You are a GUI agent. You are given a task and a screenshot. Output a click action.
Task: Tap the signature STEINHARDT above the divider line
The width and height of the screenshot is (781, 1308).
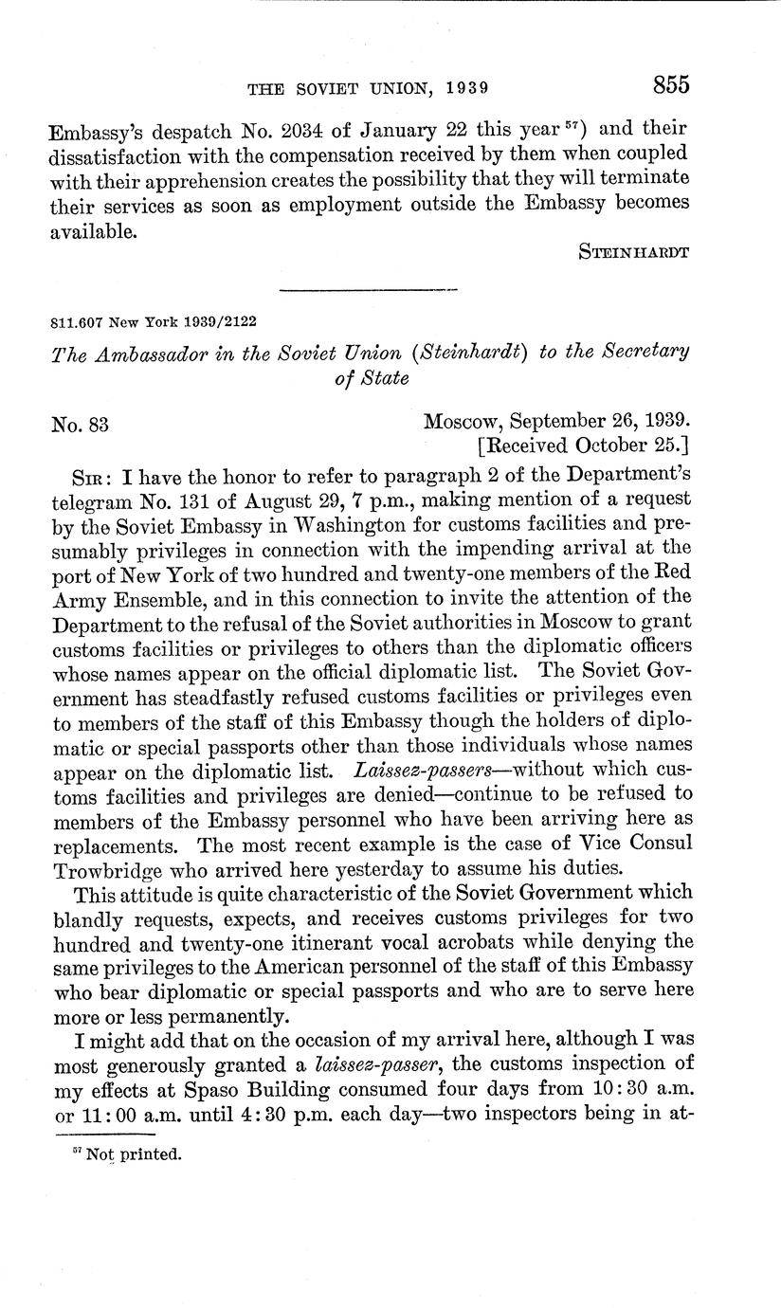click(632, 251)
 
